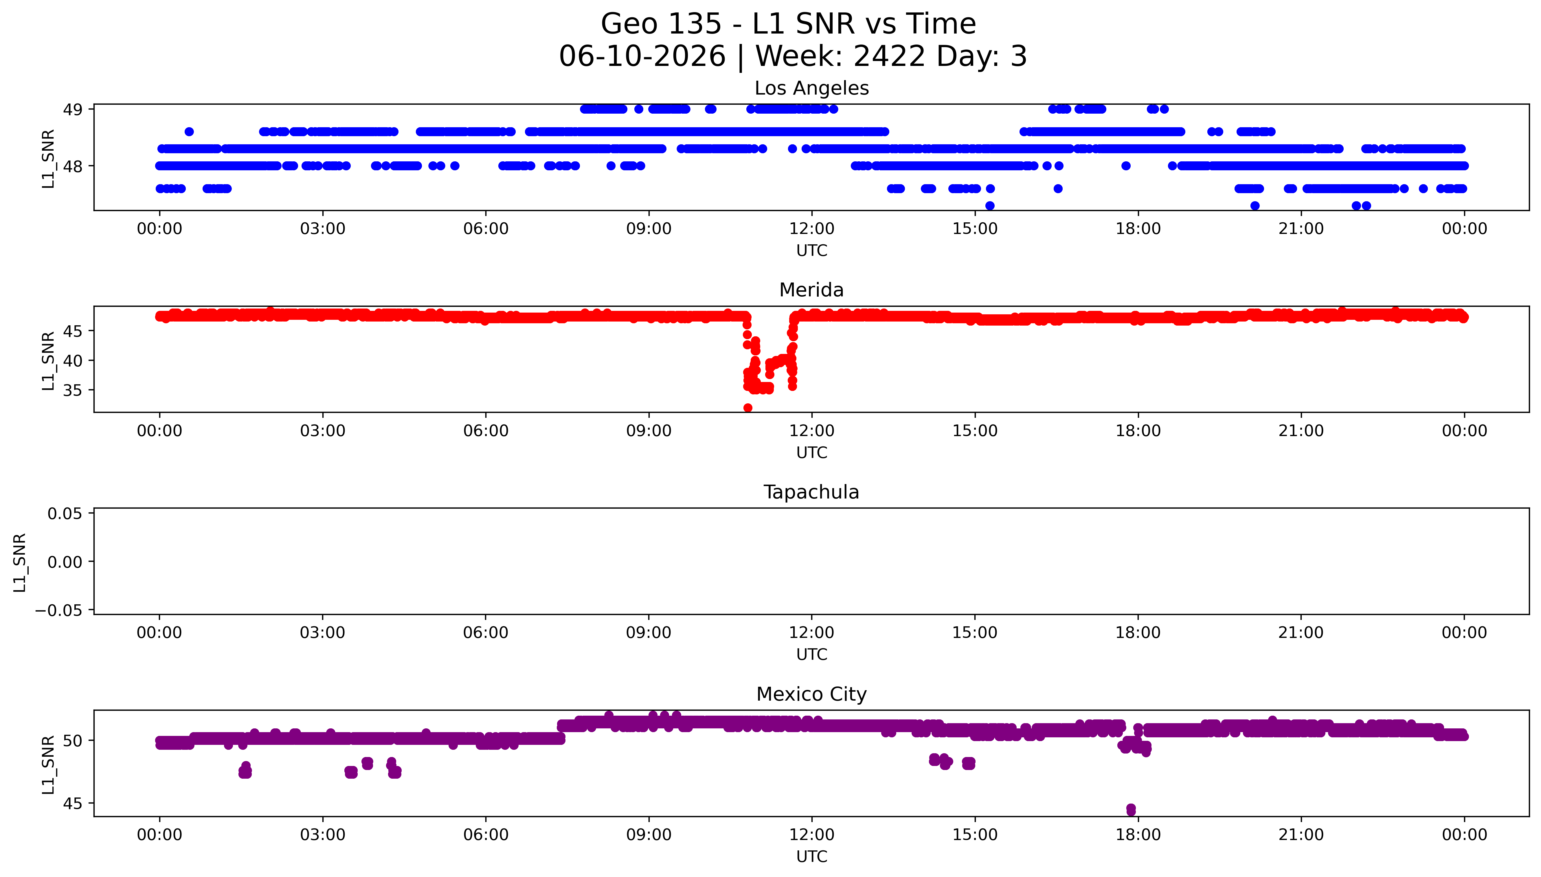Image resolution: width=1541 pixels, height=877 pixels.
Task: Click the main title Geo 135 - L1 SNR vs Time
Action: [788, 24]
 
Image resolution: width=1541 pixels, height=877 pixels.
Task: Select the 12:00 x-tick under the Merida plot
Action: [812, 431]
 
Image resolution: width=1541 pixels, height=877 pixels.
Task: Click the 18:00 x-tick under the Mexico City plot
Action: [1138, 835]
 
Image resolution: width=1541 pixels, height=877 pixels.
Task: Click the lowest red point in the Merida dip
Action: [748, 408]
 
